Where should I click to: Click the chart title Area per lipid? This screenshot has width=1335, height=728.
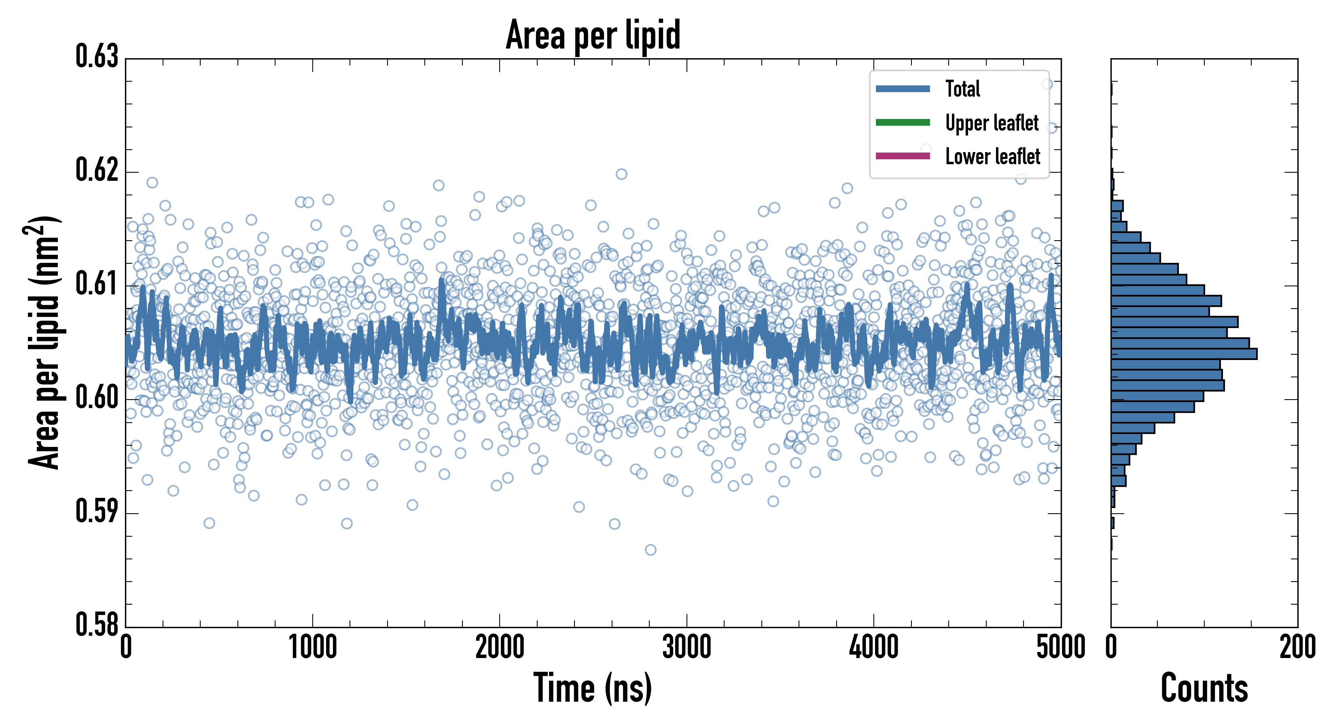(593, 35)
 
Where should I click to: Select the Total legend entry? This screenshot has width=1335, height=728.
(962, 89)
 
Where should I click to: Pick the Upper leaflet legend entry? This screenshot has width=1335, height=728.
(992, 123)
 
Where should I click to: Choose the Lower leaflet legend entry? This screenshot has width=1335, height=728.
(992, 157)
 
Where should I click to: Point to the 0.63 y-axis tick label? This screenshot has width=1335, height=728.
(97, 57)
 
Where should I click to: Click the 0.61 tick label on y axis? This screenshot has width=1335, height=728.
(97, 284)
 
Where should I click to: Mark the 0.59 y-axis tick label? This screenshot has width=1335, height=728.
(97, 511)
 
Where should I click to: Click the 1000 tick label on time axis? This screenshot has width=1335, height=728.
(312, 648)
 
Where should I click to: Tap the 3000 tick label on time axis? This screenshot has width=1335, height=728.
(687, 648)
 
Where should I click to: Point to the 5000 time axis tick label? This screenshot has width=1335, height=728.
(1060, 648)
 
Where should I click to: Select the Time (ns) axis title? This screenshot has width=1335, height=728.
(593, 688)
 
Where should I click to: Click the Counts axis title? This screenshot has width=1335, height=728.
(1204, 688)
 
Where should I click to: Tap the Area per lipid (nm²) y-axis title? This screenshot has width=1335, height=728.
(44, 342)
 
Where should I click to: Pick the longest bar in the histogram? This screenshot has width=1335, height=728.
(1184, 354)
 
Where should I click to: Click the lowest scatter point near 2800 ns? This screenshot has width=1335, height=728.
(651, 550)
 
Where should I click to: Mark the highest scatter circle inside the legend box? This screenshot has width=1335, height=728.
(1047, 85)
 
